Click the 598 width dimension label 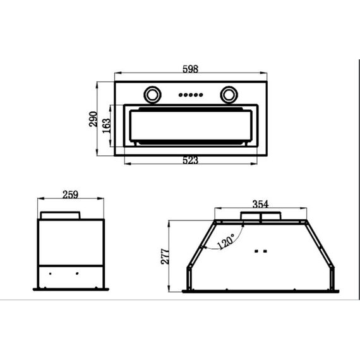190,69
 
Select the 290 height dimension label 93,119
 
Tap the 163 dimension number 106,126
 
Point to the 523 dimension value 190,160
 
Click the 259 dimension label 70,195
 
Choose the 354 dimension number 260,204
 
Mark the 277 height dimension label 165,256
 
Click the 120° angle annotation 225,241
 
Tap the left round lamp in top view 152,95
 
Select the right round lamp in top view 229,95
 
